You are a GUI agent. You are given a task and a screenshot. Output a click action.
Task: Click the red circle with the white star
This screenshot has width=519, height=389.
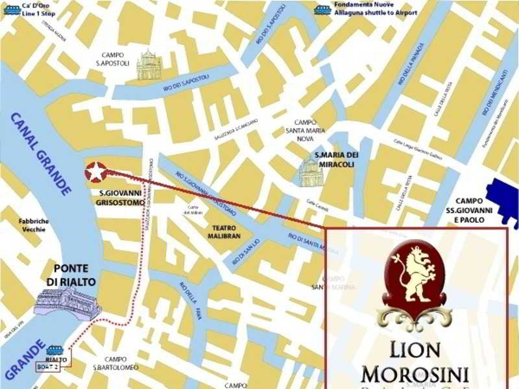pyautogui.click(x=95, y=173)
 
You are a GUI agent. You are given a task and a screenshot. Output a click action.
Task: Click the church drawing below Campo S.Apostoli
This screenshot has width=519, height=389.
pyautogui.click(x=150, y=66)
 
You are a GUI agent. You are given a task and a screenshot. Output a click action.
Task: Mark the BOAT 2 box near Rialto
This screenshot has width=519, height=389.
pyautogui.click(x=56, y=366)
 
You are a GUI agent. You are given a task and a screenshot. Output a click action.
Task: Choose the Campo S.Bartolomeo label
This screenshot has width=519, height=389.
pyautogui.click(x=115, y=364)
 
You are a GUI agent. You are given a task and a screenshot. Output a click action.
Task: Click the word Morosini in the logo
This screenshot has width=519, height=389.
pyautogui.click(x=415, y=375)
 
